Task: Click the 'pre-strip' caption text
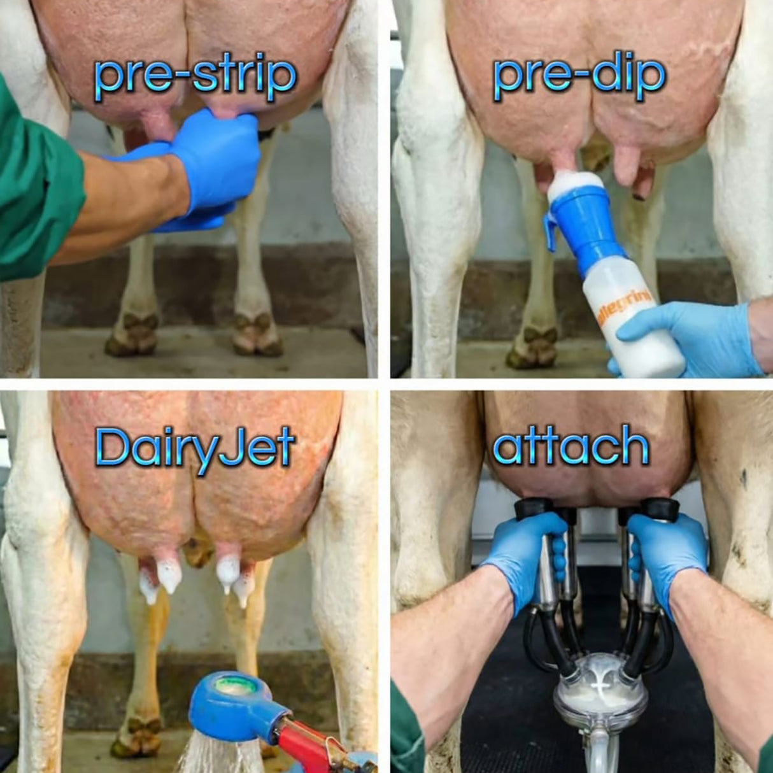tap(195, 78)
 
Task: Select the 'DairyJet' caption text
tap(195, 447)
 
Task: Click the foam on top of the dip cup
tap(577, 181)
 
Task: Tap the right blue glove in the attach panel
tap(665, 554)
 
